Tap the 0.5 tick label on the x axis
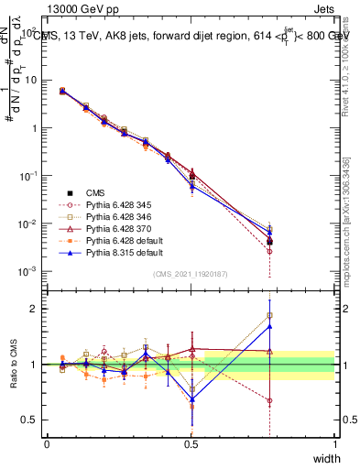click(191, 443)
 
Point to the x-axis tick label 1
click(335, 443)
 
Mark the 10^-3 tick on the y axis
click(27, 272)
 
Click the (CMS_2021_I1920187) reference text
click(191, 274)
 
